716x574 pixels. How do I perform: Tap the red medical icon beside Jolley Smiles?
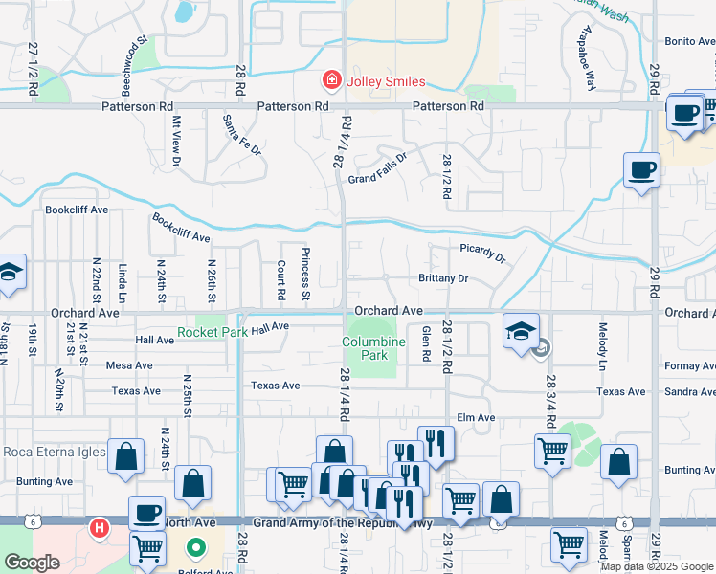click(331, 81)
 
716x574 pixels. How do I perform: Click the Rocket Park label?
click(213, 332)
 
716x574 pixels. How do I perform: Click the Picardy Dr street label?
click(482, 253)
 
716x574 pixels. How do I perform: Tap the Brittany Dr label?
click(442, 278)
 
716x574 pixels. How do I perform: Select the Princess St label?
click(305, 274)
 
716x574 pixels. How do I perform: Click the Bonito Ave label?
click(689, 42)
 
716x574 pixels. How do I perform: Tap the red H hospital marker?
click(98, 527)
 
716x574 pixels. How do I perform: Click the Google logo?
click(33, 563)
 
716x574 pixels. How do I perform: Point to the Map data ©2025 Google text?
click(657, 566)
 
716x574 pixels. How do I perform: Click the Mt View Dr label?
click(176, 141)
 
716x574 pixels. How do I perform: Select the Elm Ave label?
click(476, 417)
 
